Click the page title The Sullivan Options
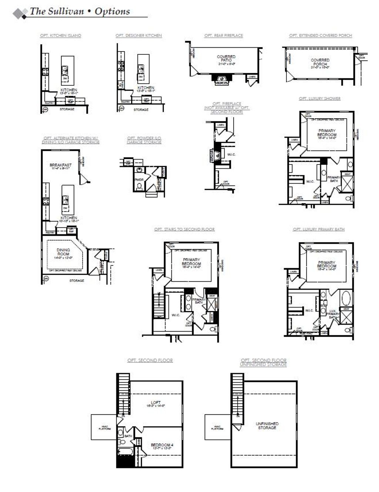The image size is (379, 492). tap(80, 11)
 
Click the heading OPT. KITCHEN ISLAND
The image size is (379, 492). tap(61, 35)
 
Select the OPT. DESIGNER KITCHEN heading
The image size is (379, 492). tap(138, 35)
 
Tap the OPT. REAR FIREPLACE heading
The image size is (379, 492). tap(224, 35)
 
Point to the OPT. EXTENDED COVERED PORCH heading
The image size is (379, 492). tap(321, 35)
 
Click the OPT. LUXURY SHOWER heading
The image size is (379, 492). tap(319, 99)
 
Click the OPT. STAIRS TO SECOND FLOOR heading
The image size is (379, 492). tap(184, 229)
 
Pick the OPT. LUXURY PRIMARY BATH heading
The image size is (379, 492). tap(319, 229)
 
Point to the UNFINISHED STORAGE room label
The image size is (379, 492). tap(267, 425)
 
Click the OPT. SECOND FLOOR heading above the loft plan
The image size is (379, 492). tap(150, 360)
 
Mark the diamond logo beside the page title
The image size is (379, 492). tap(20, 13)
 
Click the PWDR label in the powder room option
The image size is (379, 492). tap(139, 180)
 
